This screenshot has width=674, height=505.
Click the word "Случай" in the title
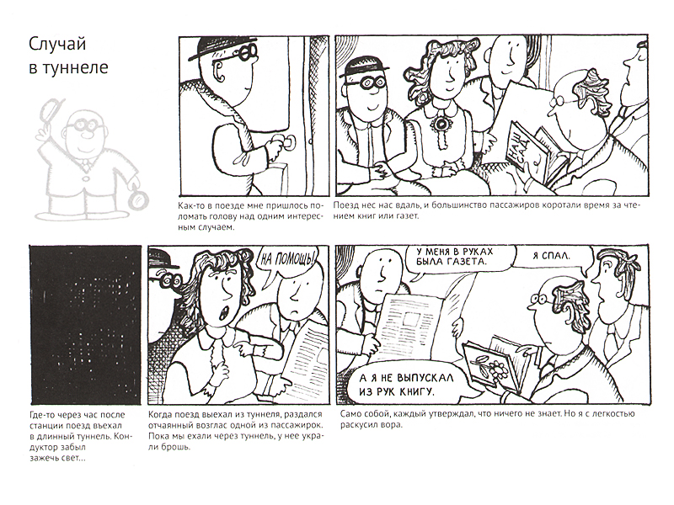[57, 44]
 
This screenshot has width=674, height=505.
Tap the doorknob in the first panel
[289, 141]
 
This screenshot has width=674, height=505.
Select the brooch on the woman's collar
[441, 123]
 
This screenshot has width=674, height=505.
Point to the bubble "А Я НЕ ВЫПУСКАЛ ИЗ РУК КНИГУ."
[406, 384]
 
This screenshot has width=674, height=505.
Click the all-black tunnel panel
[85, 325]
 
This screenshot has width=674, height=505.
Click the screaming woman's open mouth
[223, 313]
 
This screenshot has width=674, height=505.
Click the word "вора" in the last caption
[393, 426]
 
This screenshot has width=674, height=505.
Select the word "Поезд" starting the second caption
[345, 205]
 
